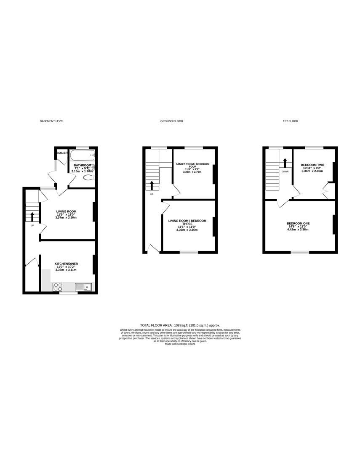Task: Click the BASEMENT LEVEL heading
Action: pos(52,121)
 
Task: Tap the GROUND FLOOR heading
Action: pos(171,121)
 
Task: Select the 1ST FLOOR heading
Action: pos(291,121)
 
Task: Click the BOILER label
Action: pos(62,153)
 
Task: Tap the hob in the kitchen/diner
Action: pos(57,287)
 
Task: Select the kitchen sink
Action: pos(84,287)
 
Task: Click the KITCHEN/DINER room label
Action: pos(66,264)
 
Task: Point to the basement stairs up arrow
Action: pos(32,217)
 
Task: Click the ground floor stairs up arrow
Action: pos(152,185)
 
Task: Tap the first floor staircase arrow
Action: pos(285,162)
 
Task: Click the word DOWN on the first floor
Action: pos(285,172)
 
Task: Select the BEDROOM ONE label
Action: pos(297,223)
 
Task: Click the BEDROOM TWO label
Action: pos(312,165)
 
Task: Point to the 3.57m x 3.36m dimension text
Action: pos(66,217)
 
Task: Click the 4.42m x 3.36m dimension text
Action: pos(297,230)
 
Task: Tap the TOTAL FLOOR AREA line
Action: pos(180,325)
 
